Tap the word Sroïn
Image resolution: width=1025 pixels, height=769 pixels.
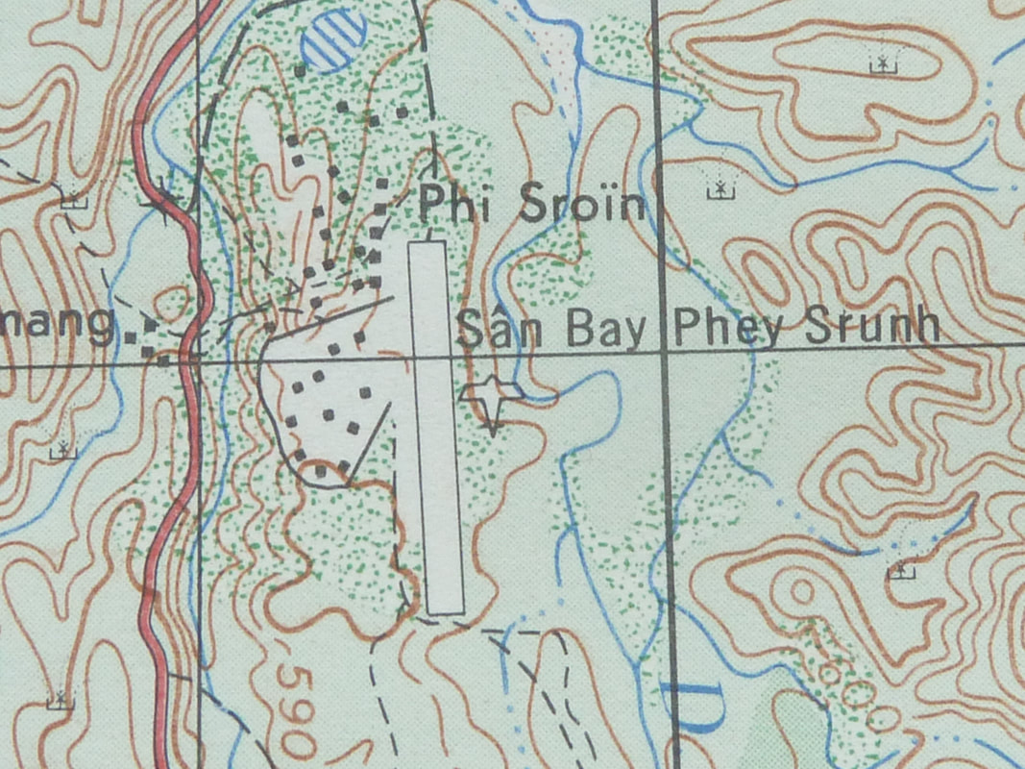click(579, 205)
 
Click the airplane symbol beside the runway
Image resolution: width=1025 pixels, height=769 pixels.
click(493, 396)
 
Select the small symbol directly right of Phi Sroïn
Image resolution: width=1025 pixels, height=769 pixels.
click(718, 189)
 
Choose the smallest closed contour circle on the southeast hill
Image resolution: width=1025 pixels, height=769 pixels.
click(800, 591)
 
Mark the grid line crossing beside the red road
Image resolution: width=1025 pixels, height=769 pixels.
click(198, 360)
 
